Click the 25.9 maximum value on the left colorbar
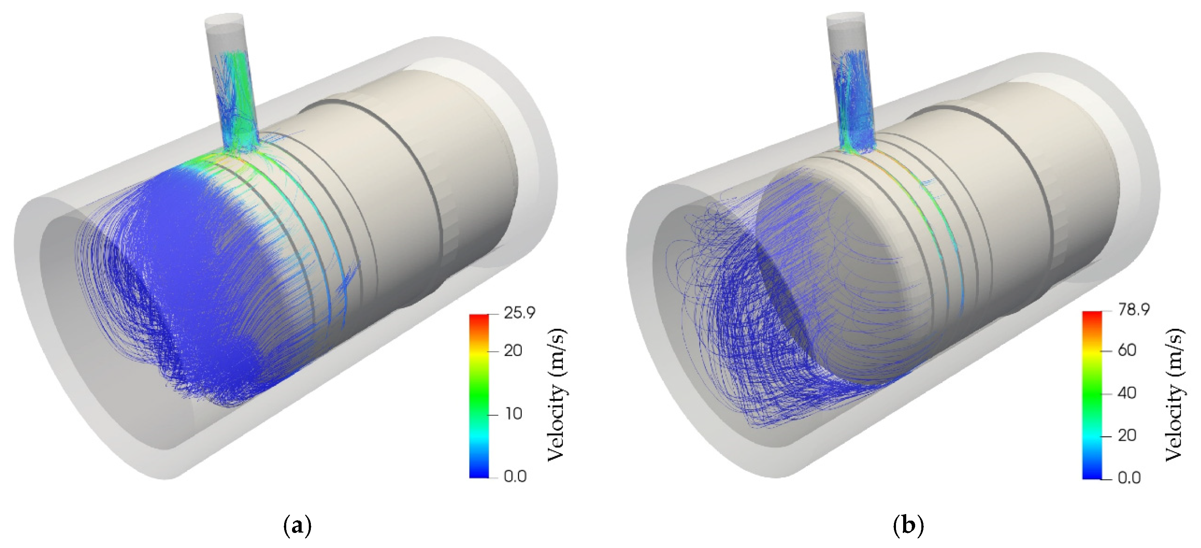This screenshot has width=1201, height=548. point(519,313)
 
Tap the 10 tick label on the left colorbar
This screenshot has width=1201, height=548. point(513,414)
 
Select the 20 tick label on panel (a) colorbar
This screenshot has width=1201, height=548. point(513,350)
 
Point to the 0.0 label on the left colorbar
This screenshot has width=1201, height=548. point(515,476)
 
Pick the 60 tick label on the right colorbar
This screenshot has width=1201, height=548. point(1127,350)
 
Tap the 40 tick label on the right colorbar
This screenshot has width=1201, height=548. point(1127,393)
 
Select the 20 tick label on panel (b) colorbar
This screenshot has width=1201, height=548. point(1127,435)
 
